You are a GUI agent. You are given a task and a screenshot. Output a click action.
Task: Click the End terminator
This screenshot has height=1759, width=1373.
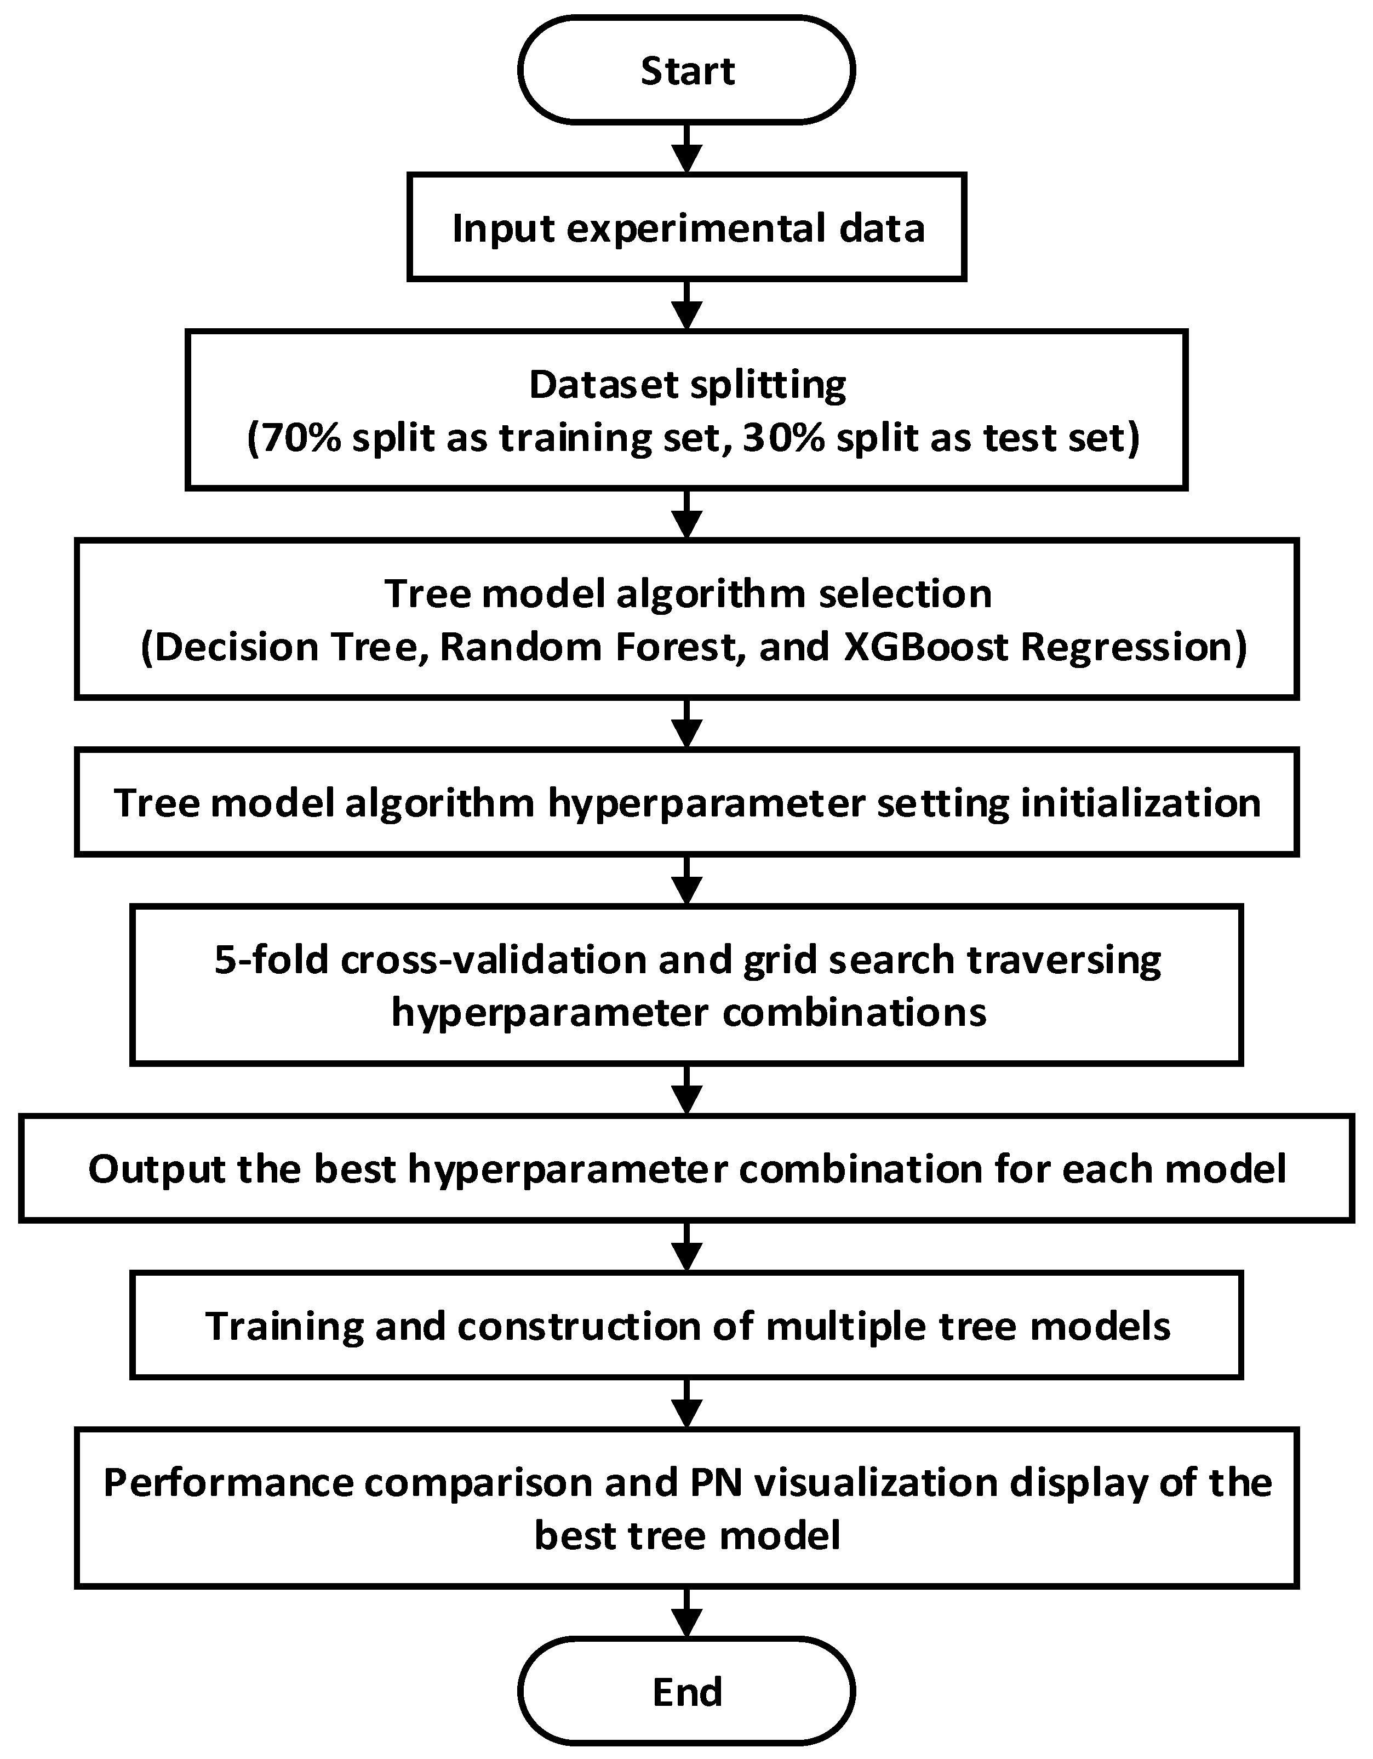pyautogui.click(x=686, y=1692)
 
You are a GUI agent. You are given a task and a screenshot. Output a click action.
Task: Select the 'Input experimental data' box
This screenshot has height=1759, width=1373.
pyautogui.click(x=686, y=227)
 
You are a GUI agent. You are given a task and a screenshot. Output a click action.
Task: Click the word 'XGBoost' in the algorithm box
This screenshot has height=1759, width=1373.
pyautogui.click(x=925, y=647)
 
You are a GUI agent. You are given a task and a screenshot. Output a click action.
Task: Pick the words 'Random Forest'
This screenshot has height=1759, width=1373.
pyautogui.click(x=587, y=647)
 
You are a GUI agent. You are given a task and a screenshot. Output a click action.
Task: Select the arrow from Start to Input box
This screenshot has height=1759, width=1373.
pyautogui.click(x=686, y=148)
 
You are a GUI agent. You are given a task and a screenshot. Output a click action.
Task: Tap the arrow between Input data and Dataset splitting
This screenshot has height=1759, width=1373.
pyautogui.click(x=686, y=305)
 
